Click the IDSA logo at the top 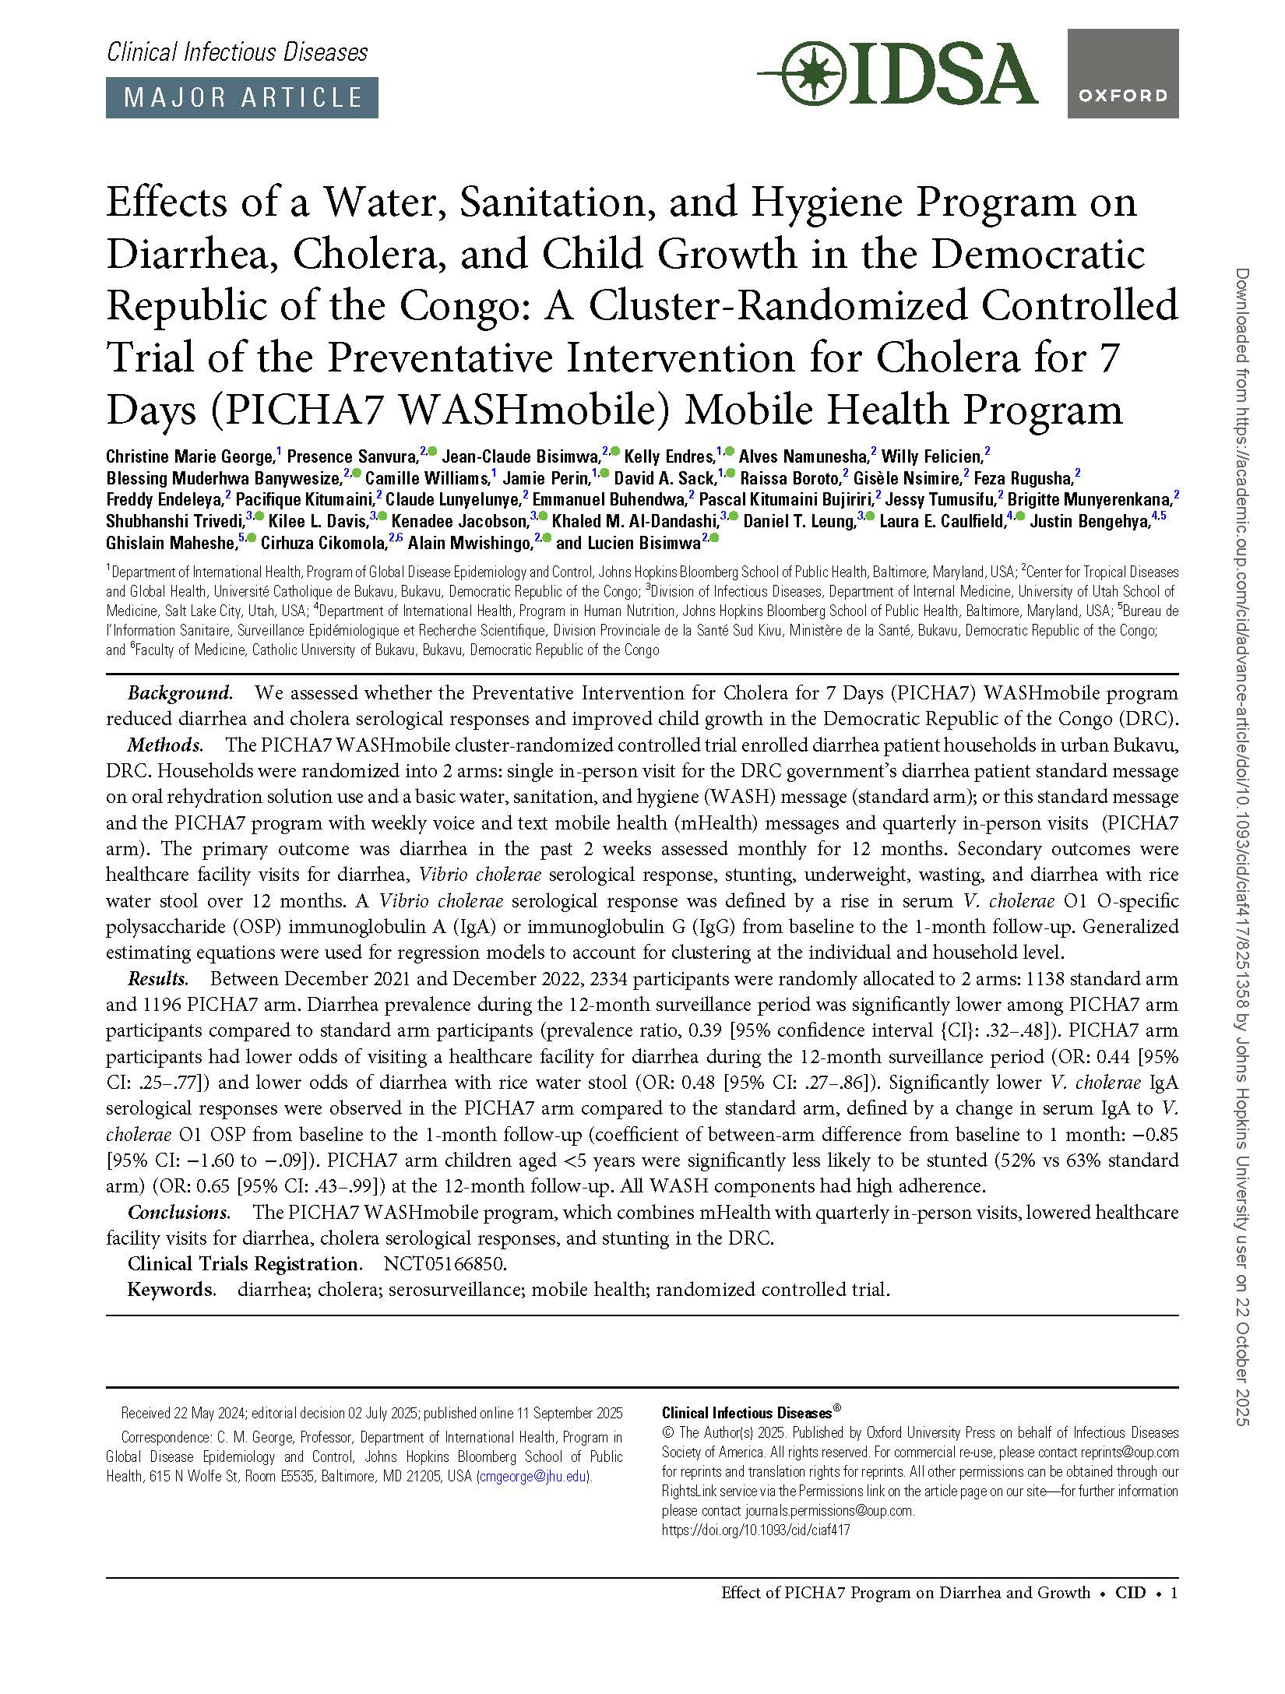tap(897, 75)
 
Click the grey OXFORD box tap(1122, 74)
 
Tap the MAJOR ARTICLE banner tap(241, 97)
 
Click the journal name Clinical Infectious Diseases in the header tap(237, 52)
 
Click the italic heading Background tap(180, 693)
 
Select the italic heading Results tap(158, 979)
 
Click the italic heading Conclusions tap(178, 1213)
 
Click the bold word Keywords tap(171, 1290)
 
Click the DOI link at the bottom tap(755, 1530)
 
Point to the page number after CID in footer tap(1174, 1593)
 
